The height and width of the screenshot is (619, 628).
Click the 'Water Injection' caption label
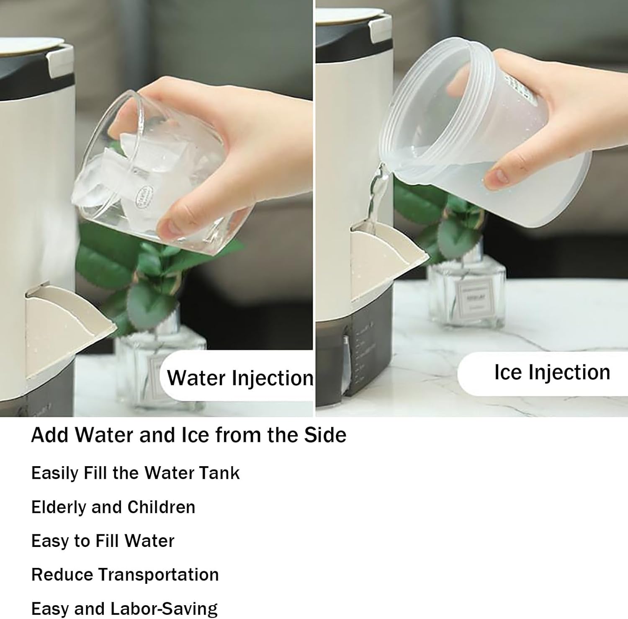click(240, 378)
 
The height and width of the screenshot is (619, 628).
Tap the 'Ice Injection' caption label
click(552, 372)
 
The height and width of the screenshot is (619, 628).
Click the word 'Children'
click(161, 507)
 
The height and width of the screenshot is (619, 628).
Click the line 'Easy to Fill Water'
click(103, 541)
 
